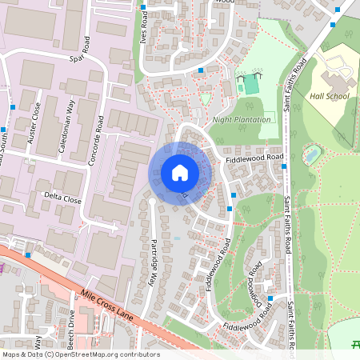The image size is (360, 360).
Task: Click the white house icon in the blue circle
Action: click(x=180, y=173)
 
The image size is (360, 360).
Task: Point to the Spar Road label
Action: click(x=88, y=58)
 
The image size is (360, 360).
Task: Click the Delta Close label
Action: click(x=62, y=198)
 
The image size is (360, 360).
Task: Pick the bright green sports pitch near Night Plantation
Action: click(x=251, y=83)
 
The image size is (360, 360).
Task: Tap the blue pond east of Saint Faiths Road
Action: click(x=311, y=153)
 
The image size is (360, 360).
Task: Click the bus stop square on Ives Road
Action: click(x=143, y=7)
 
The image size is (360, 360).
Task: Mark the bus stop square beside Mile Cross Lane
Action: click(x=28, y=254)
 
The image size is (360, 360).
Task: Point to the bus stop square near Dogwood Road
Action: click(x=270, y=298)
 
